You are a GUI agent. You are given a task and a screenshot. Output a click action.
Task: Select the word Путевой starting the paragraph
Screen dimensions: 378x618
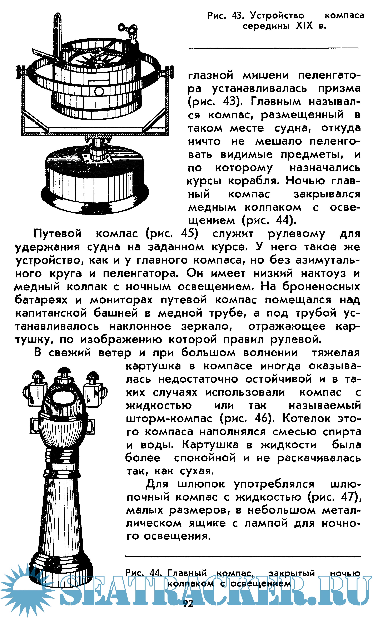click(58, 234)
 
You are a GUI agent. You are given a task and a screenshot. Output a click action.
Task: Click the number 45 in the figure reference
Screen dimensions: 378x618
click(188, 234)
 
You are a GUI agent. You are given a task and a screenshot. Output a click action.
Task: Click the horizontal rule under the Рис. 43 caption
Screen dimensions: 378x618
click(273, 48)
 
